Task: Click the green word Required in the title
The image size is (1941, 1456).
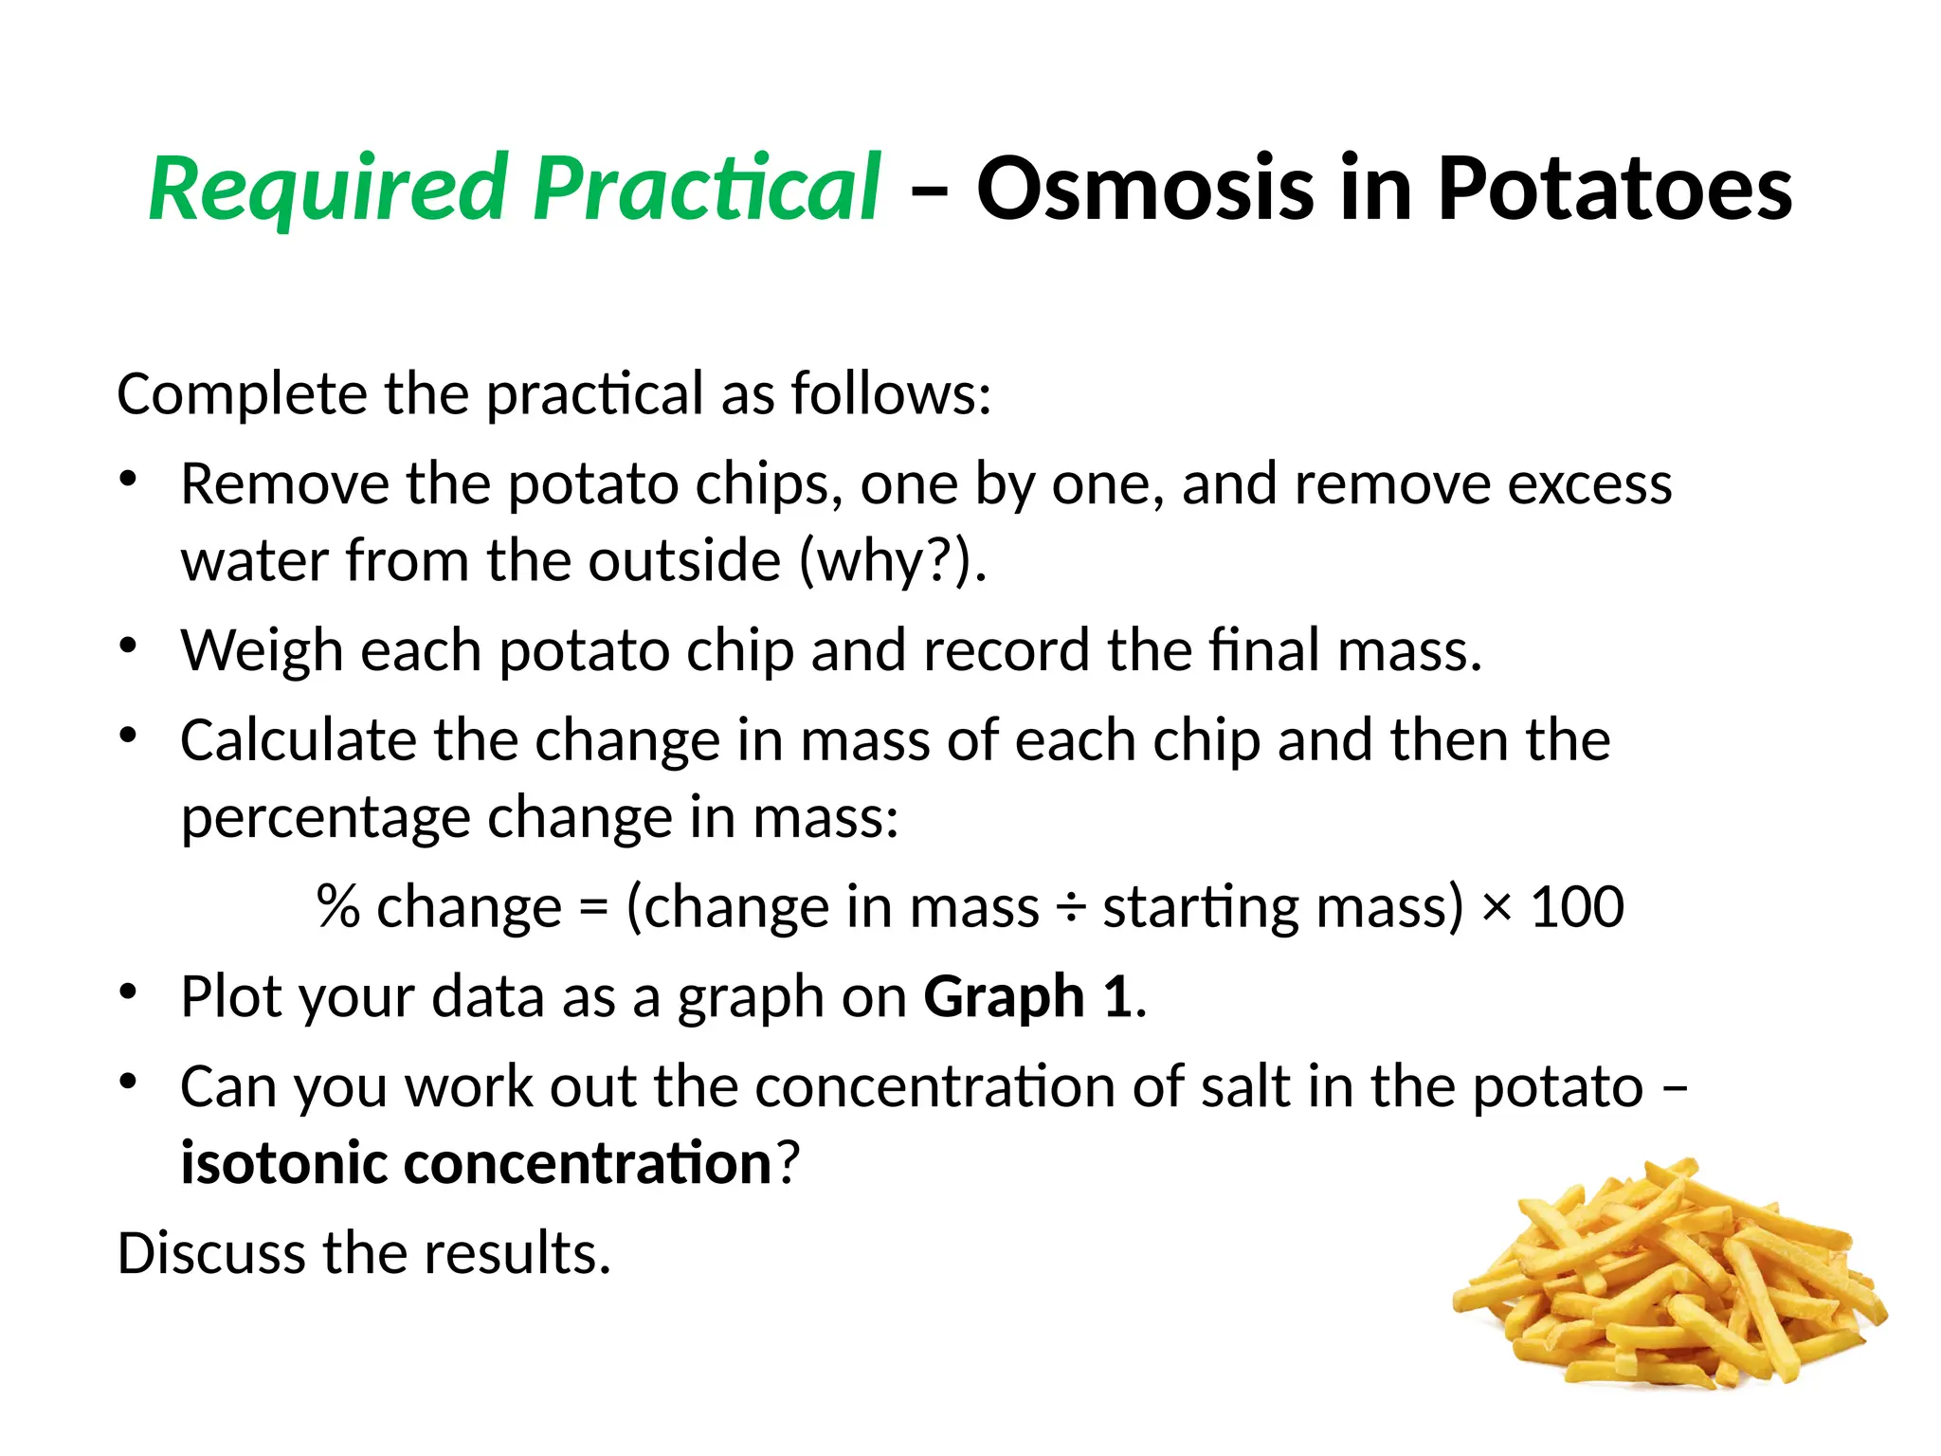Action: (327, 190)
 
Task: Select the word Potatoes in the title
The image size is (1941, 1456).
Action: (1615, 190)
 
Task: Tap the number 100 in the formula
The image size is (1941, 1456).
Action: (1577, 907)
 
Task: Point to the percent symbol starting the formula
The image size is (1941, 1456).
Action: (338, 907)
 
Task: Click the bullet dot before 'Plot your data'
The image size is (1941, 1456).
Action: (129, 992)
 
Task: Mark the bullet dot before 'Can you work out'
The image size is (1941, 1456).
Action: (129, 1082)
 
